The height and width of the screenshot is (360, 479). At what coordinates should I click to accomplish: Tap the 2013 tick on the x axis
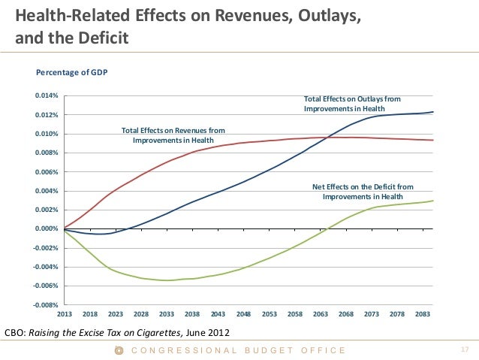tap(65, 313)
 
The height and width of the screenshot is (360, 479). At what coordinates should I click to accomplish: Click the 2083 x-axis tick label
tap(422, 313)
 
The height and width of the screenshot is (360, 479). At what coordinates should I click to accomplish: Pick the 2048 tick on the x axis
tap(243, 313)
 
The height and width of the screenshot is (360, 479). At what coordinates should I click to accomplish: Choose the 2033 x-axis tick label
tap(167, 313)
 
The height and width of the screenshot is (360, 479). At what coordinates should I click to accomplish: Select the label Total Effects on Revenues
tap(173, 135)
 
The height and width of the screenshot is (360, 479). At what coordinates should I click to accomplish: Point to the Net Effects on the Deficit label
tap(362, 191)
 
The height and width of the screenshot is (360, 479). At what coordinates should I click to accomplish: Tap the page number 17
tap(463, 350)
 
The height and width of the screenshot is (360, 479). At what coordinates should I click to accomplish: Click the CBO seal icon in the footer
tap(118, 350)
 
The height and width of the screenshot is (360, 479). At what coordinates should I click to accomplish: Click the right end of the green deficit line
tap(433, 201)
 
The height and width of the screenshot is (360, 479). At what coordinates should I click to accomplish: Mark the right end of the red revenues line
tap(433, 141)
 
